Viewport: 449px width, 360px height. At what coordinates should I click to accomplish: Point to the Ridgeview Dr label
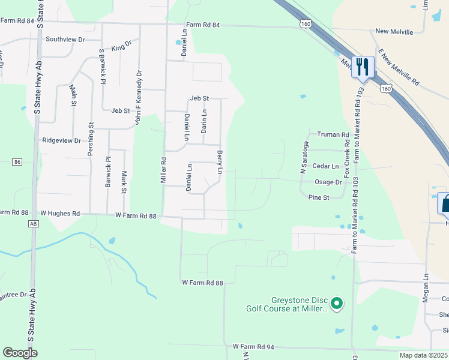coord(61,140)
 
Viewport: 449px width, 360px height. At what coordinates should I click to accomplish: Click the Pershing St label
coord(91,139)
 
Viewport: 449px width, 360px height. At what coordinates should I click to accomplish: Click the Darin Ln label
coord(204,121)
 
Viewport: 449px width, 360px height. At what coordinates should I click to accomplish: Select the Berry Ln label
coord(220,163)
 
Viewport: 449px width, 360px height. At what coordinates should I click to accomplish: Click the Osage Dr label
coord(328,182)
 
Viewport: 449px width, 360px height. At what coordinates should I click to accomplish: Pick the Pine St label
coord(318,197)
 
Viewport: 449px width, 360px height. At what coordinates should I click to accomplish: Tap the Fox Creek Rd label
coord(346,158)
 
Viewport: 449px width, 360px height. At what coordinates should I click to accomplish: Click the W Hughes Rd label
coord(60,213)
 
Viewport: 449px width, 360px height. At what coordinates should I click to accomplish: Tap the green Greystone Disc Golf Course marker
coord(337,304)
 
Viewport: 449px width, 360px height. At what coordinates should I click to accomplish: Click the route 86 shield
coord(17,162)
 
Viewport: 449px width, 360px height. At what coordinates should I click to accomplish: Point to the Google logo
coord(20,353)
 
